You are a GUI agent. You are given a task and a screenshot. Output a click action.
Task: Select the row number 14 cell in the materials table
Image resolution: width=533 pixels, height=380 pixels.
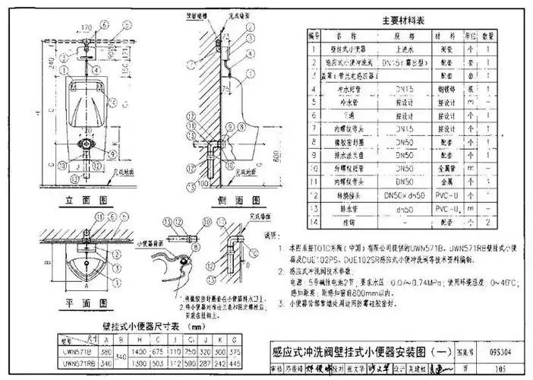pyautogui.click(x=314, y=222)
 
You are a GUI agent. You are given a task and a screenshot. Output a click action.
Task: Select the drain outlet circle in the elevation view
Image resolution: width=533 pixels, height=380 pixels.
pyautogui.click(x=86, y=141)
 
